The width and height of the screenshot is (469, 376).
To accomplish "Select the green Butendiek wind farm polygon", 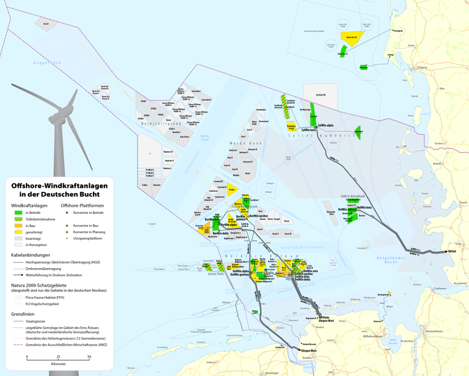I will pyautogui.click(x=358, y=132).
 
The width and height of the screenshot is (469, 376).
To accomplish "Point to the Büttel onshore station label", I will pyautogui.click(x=452, y=252).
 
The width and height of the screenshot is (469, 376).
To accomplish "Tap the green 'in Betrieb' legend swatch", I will pyautogui.click(x=17, y=213).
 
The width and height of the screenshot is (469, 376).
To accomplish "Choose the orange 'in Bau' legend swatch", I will pyautogui.click(x=17, y=226).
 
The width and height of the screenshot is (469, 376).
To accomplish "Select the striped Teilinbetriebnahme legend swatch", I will pyautogui.click(x=17, y=219).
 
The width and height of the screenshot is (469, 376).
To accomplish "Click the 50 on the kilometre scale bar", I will pyautogui.click(x=89, y=357).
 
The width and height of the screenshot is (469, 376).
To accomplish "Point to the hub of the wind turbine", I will pyautogui.click(x=60, y=113).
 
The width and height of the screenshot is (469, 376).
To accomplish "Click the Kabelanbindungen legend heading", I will pyautogui.click(x=31, y=255).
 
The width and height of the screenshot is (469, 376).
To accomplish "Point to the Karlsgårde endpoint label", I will pyautogui.click(x=400, y=31).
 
